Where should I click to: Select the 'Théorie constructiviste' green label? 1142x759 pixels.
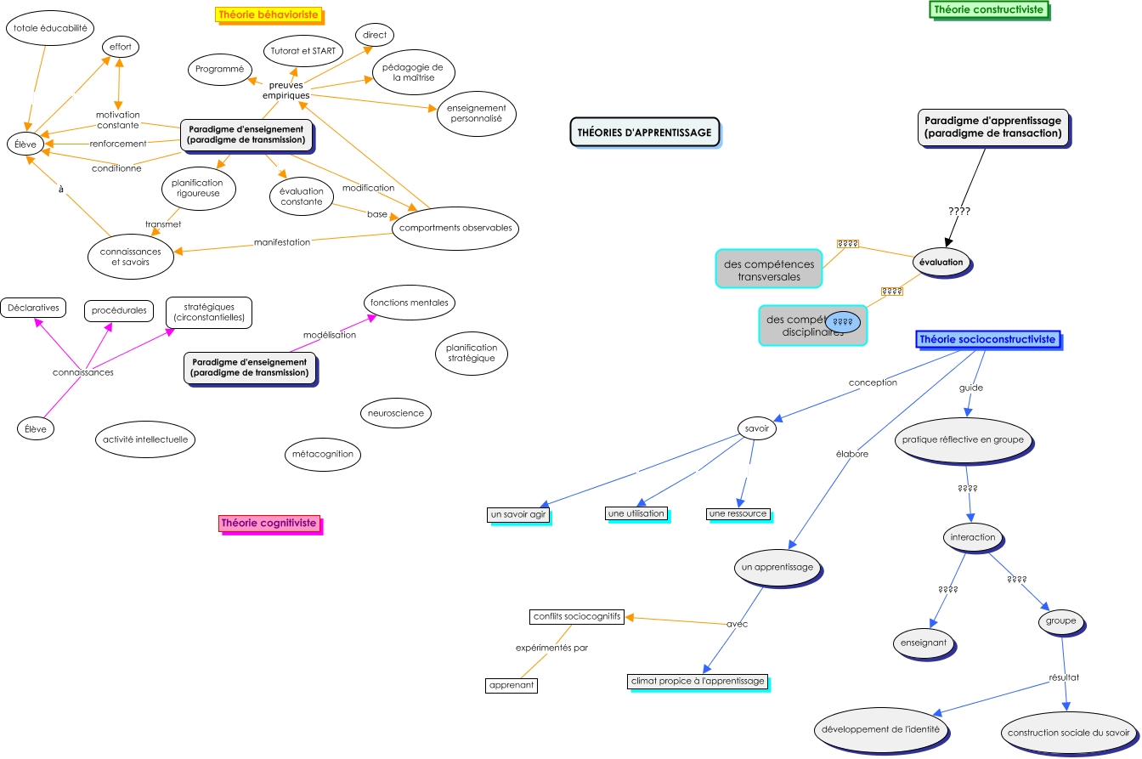(987, 10)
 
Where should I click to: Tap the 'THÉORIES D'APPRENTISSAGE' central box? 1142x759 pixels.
(644, 133)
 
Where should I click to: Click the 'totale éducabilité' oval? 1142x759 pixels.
(50, 28)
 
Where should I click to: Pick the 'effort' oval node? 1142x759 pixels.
(120, 46)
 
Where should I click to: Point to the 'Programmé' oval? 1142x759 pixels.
(219, 69)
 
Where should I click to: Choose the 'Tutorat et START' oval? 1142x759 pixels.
(303, 52)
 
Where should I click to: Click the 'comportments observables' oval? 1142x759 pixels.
(455, 228)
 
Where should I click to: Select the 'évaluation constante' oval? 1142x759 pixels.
(302, 196)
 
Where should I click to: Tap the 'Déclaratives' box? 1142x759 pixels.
(33, 308)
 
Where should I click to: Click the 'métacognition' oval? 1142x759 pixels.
(322, 454)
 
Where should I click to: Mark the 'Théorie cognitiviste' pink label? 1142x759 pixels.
(269, 524)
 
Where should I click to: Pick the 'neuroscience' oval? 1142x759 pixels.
(395, 413)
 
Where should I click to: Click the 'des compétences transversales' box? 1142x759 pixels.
(768, 269)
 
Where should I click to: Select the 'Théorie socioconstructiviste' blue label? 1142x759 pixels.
(987, 339)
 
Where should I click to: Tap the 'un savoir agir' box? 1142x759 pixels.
(518, 515)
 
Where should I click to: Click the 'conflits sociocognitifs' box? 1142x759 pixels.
(577, 616)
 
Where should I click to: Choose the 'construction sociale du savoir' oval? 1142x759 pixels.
(1068, 733)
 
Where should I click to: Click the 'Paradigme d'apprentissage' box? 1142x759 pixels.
(992, 127)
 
